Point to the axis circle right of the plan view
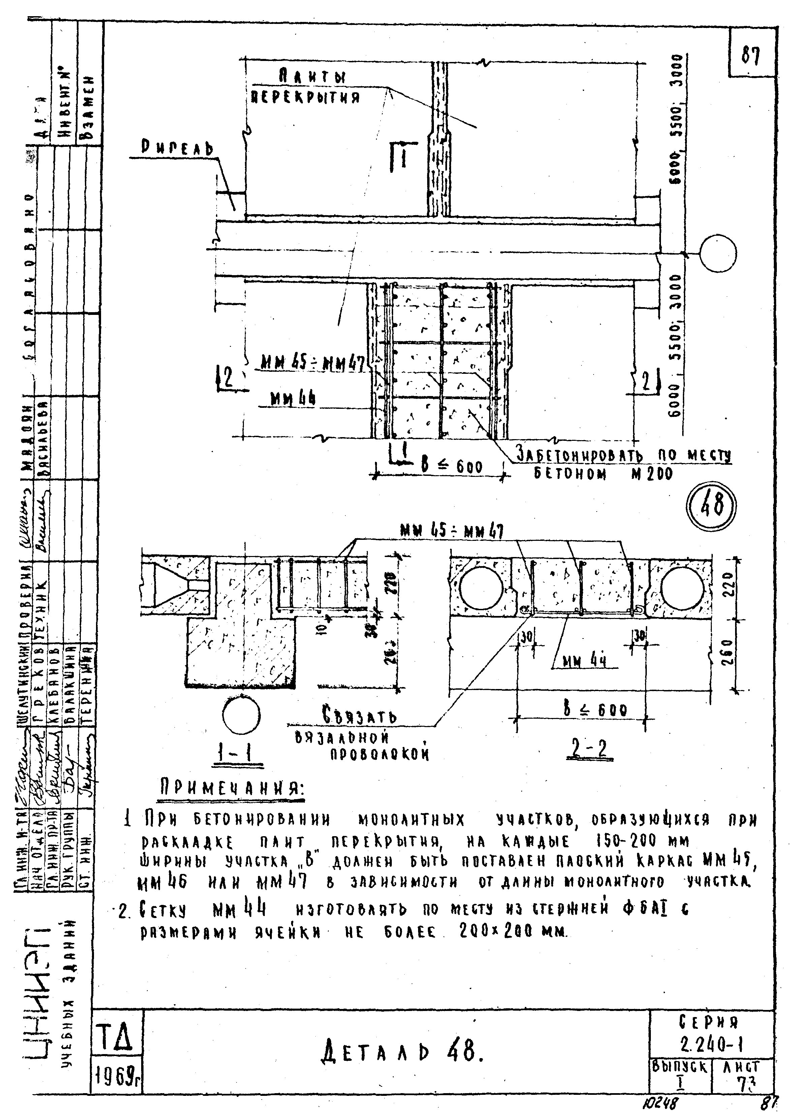tap(718, 253)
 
